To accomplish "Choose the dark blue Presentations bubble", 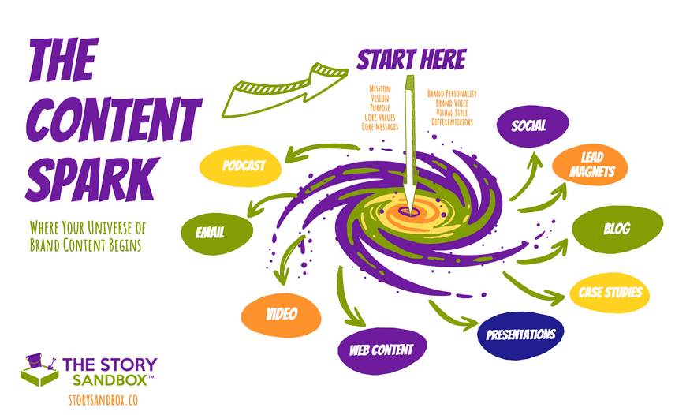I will tap(520, 335).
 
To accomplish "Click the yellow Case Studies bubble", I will tap(610, 293).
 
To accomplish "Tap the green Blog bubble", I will tap(616, 230).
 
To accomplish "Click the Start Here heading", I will tap(411, 60).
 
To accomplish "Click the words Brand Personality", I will tap(452, 94).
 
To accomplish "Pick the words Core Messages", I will tap(380, 127).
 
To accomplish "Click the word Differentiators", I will tap(450, 122).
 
